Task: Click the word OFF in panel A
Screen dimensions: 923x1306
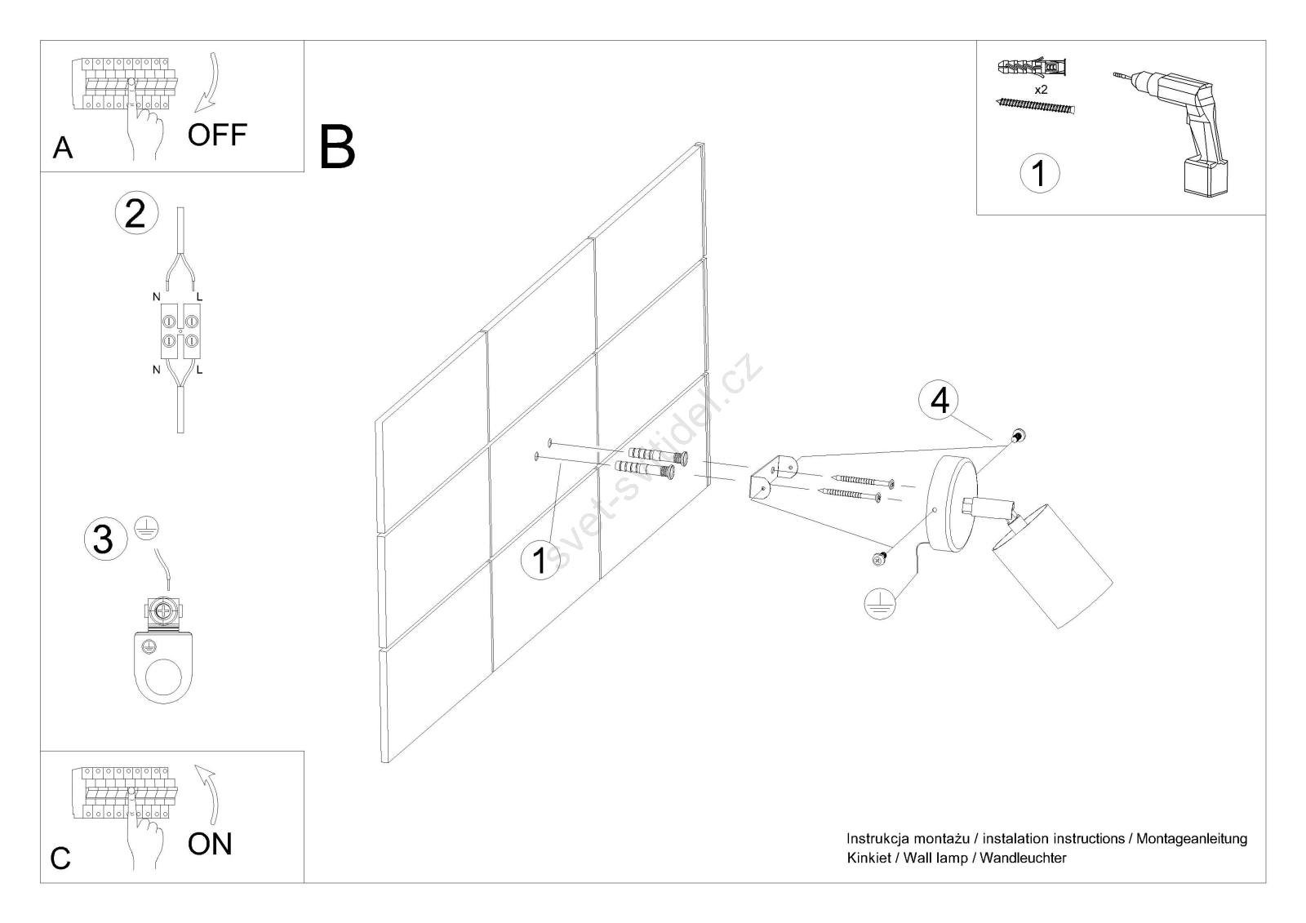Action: (216, 135)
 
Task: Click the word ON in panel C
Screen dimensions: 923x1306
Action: (210, 844)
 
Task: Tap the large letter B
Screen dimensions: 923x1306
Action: (337, 147)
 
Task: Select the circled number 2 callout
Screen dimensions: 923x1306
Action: (135, 213)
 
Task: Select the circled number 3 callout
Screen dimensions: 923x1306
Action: (103, 539)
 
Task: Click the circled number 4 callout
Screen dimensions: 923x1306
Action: (940, 401)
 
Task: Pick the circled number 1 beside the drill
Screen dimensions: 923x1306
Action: (1039, 173)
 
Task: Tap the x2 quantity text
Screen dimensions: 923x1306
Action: (1041, 90)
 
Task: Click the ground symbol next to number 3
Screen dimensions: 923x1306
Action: (146, 530)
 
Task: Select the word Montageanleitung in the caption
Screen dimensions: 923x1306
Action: (1192, 838)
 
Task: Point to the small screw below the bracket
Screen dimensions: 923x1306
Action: (879, 559)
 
